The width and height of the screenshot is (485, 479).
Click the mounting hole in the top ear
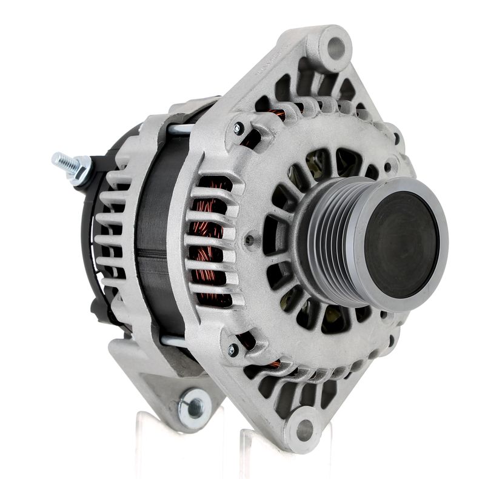336,47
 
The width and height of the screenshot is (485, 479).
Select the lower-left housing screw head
233,350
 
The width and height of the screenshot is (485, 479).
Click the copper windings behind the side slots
209,243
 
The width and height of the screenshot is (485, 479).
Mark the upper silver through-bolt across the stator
181,129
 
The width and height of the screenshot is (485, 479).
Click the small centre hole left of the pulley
249,240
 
